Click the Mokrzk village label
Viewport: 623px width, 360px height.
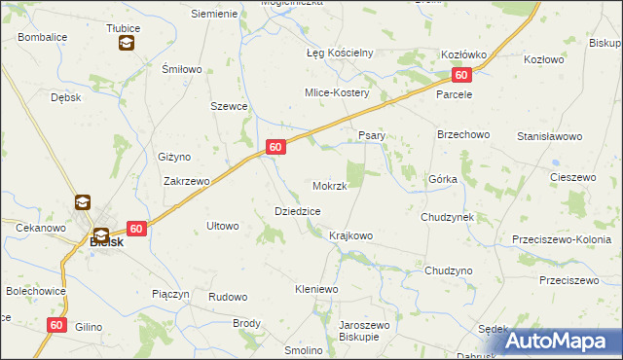(x=329, y=185)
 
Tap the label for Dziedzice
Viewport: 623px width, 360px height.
(x=298, y=210)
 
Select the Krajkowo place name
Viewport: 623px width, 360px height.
(x=350, y=235)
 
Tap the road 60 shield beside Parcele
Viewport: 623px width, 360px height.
(x=462, y=75)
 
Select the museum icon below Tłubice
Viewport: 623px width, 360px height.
(x=126, y=43)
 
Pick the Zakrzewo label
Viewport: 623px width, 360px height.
(x=187, y=180)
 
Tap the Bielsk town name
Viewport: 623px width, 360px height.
(x=106, y=242)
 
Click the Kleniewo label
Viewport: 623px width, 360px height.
(x=315, y=289)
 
